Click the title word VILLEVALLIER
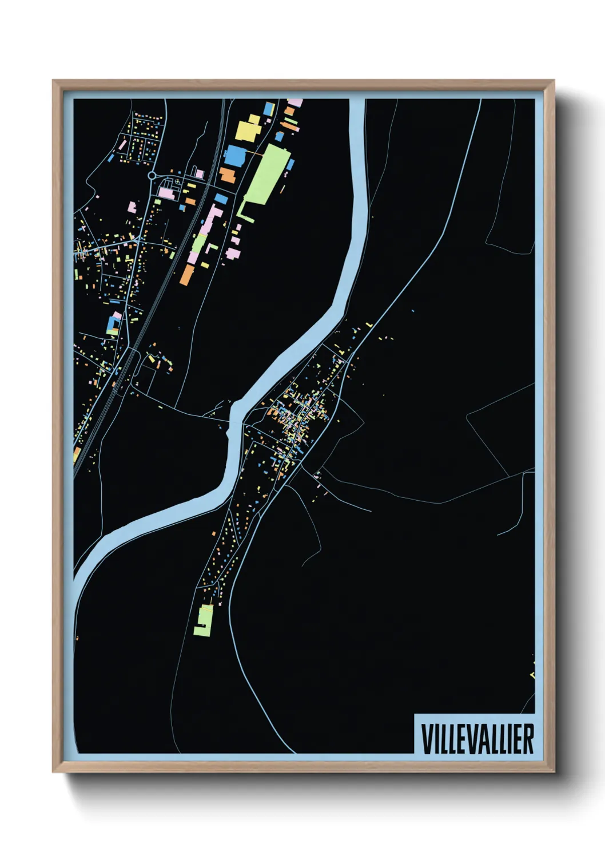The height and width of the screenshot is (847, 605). tap(477, 739)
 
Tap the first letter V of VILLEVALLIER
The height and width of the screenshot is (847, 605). tap(425, 739)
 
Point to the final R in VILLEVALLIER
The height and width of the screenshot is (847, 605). tap(528, 739)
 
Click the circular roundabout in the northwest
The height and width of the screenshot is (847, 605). tap(152, 176)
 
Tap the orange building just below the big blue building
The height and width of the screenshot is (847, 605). tap(227, 175)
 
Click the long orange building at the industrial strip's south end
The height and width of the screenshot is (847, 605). tap(187, 274)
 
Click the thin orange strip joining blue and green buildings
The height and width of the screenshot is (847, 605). tap(254, 154)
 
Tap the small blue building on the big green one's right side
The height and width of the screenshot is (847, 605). tap(290, 165)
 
